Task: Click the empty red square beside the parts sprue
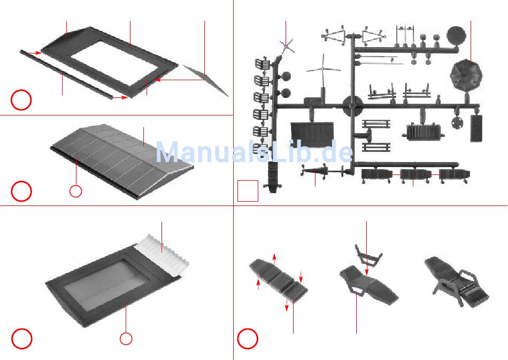[x=248, y=190]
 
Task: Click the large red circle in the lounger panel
[x=248, y=338]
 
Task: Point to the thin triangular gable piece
[x=206, y=81]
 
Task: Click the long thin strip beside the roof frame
[x=67, y=75]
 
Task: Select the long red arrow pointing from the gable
[x=179, y=80]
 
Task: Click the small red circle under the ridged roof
[x=76, y=190]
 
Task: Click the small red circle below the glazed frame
[x=126, y=338]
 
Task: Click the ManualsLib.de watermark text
[x=254, y=152]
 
